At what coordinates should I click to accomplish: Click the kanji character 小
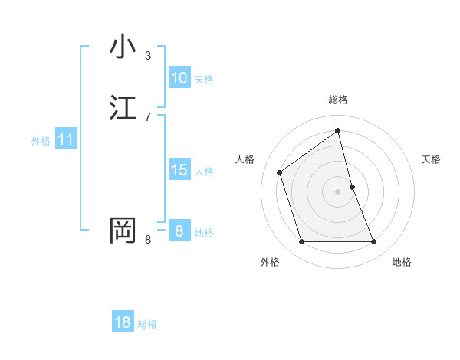pos(123,47)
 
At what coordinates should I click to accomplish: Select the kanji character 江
pos(123,108)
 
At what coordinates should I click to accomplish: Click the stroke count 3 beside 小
pos(148,56)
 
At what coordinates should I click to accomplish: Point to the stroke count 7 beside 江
pos(148,116)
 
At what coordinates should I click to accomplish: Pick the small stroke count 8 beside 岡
pos(148,240)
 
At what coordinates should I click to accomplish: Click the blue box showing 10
pos(179,77)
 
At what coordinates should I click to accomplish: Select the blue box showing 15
pos(179,170)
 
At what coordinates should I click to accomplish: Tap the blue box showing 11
pos(65,139)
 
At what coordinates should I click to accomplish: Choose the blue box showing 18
pos(123,322)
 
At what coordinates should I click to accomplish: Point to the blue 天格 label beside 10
pos(204,80)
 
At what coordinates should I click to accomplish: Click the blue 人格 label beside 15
pos(204,172)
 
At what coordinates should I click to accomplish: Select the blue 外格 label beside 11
pos(41,141)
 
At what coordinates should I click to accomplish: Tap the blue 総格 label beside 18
pos(147,324)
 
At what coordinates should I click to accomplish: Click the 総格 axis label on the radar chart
pos(338,100)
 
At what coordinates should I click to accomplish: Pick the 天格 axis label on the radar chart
pos(432,159)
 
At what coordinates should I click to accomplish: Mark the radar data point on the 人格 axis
pos(280,172)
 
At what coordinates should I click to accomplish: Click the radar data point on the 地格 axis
pos(374,242)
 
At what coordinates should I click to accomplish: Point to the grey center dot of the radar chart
pos(338,191)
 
